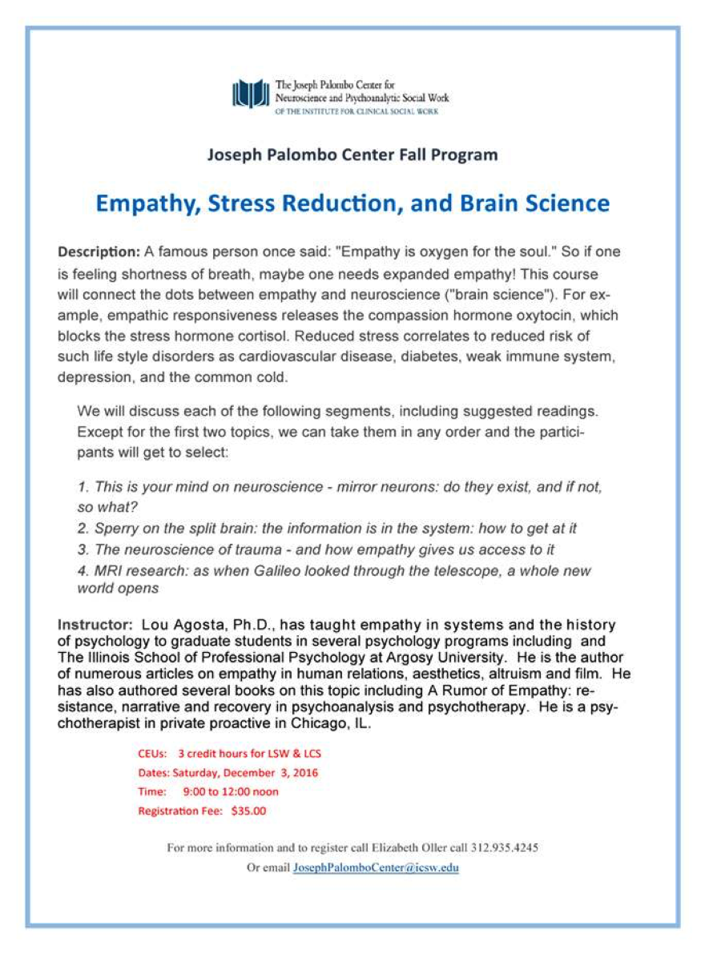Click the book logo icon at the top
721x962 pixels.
pos(251,94)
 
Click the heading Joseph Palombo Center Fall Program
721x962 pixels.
pos(352,155)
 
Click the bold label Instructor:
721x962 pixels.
pos(95,625)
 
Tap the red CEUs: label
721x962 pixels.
pos(152,754)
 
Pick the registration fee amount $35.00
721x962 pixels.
pos(248,811)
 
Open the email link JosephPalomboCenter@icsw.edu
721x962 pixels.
pos(376,867)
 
